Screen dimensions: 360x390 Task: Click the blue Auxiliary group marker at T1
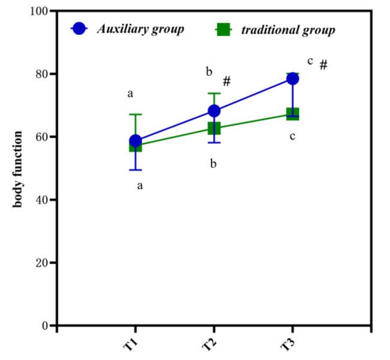coord(135,141)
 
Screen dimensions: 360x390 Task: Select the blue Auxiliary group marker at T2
coord(214,111)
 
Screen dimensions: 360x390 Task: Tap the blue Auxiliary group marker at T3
coord(293,78)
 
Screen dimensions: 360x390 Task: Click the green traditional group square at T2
coord(214,128)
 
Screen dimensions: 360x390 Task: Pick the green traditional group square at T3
coord(293,114)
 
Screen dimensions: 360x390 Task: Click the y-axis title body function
coord(18,169)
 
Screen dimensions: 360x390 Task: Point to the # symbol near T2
coord(227,81)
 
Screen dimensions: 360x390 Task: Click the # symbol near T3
coord(323,65)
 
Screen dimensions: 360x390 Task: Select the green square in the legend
coord(222,29)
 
